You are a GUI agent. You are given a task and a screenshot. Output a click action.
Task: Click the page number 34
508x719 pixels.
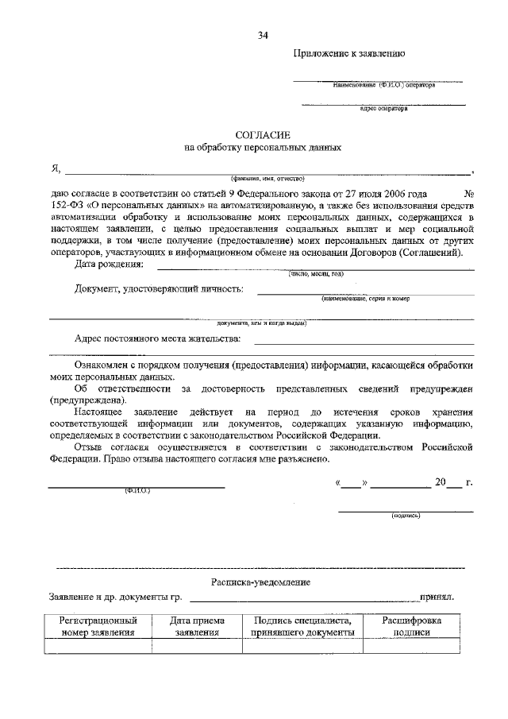263,35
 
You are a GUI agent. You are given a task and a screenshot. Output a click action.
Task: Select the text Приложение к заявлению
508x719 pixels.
350,55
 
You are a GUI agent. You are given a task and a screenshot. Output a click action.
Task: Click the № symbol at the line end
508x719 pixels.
468,193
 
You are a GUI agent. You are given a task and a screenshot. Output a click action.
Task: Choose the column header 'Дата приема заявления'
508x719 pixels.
197,626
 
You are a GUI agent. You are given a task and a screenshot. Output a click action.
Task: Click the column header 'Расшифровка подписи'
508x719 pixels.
411,626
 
